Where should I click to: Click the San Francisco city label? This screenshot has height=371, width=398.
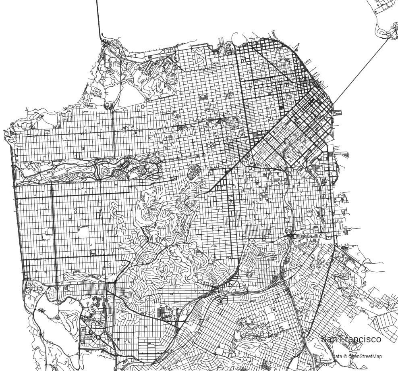click(x=350, y=339)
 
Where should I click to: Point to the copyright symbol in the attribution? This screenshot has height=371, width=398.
click(x=345, y=356)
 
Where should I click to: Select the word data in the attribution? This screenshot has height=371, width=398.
click(x=338, y=356)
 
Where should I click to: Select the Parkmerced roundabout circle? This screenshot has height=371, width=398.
click(x=98, y=337)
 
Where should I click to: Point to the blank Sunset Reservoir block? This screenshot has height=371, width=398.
click(x=84, y=232)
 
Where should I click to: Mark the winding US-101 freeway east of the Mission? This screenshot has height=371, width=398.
click(x=287, y=202)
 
